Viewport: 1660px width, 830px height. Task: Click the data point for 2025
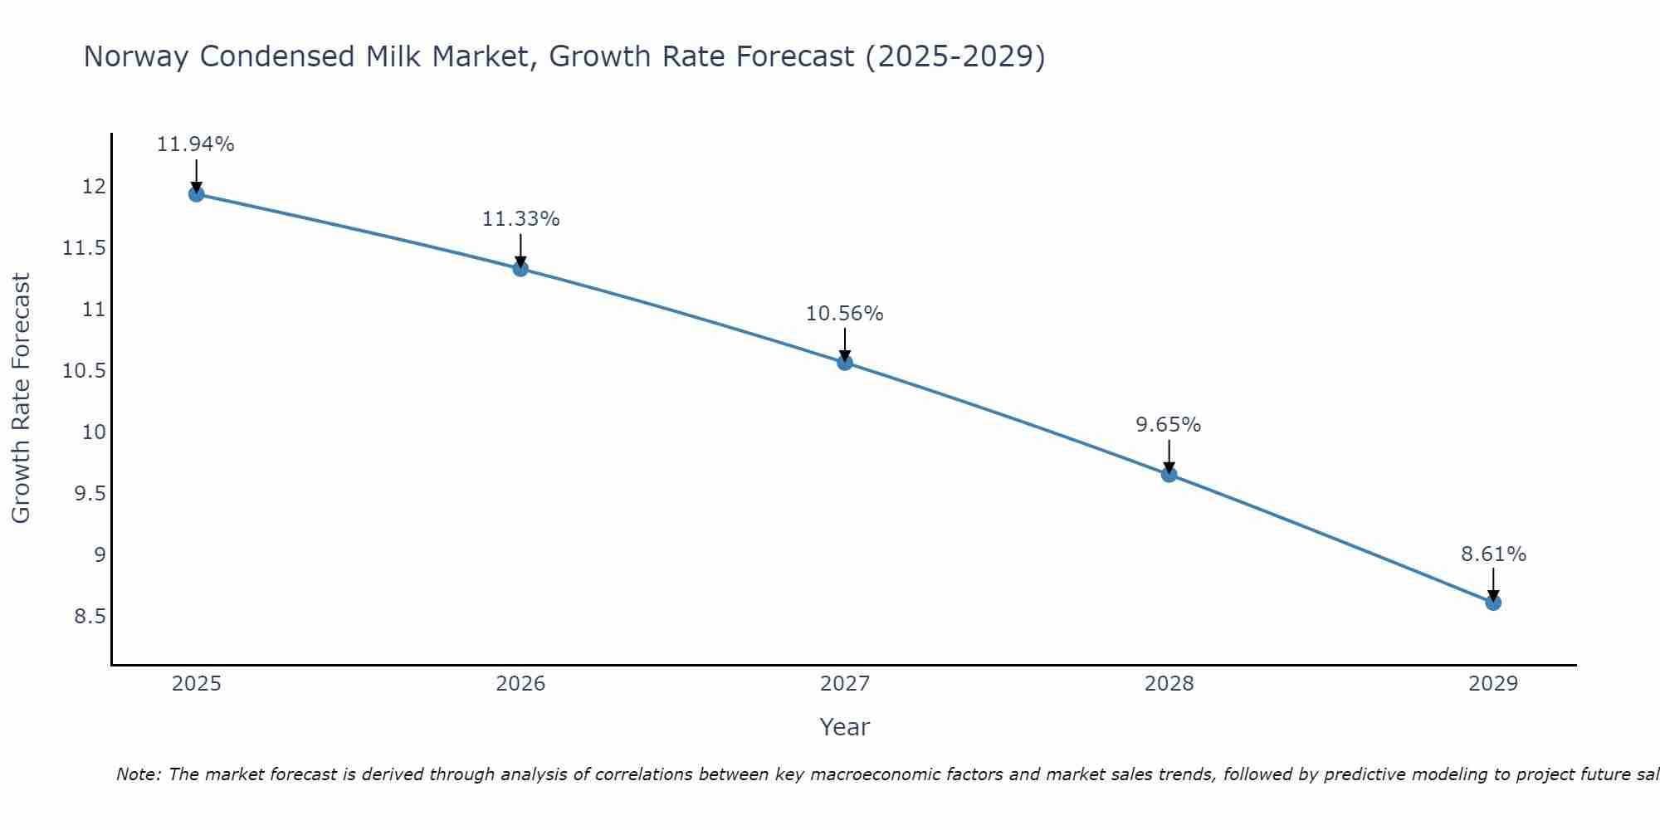click(x=197, y=194)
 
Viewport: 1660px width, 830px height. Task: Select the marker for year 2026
click(x=520, y=268)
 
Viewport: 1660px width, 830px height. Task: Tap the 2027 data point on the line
click(x=845, y=362)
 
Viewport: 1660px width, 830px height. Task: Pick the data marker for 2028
click(x=1169, y=474)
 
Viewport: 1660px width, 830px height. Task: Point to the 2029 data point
click(x=1493, y=602)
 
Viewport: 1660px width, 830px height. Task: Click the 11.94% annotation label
click(x=196, y=144)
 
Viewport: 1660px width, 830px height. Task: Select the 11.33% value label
click(x=520, y=219)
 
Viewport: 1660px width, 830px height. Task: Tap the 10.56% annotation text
click(x=844, y=314)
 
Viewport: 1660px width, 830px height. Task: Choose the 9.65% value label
click(x=1168, y=425)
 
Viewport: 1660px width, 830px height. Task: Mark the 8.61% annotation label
click(x=1493, y=554)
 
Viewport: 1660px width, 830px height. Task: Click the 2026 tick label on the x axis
click(x=520, y=684)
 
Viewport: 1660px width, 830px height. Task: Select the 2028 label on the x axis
click(x=1169, y=684)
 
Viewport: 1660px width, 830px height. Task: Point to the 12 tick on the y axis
click(x=95, y=187)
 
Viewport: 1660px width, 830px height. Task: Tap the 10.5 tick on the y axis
click(x=85, y=371)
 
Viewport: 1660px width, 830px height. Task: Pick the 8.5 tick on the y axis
click(x=90, y=617)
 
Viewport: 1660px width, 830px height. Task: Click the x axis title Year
click(x=844, y=727)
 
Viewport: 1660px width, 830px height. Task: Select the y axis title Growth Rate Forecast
click(x=21, y=398)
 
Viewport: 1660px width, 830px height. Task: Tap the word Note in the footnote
click(x=139, y=774)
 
